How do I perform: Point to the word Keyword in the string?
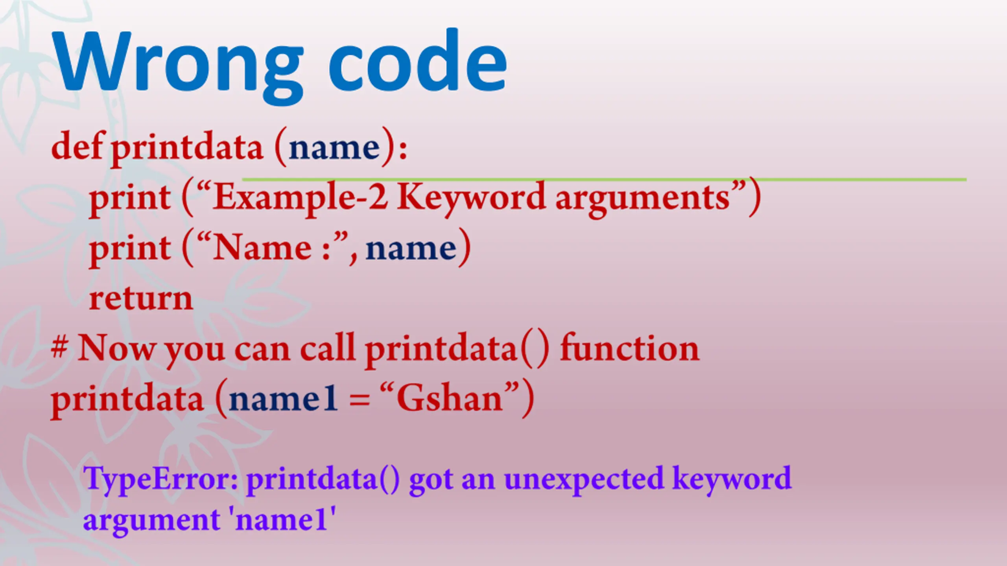click(x=471, y=199)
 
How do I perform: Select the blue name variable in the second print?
click(x=411, y=249)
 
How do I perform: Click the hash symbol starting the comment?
click(x=59, y=347)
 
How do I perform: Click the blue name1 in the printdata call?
click(x=283, y=399)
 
